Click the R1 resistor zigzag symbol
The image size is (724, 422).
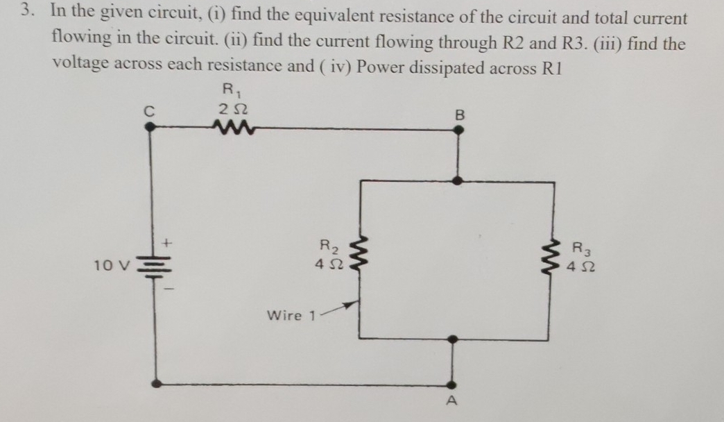(x=227, y=126)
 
